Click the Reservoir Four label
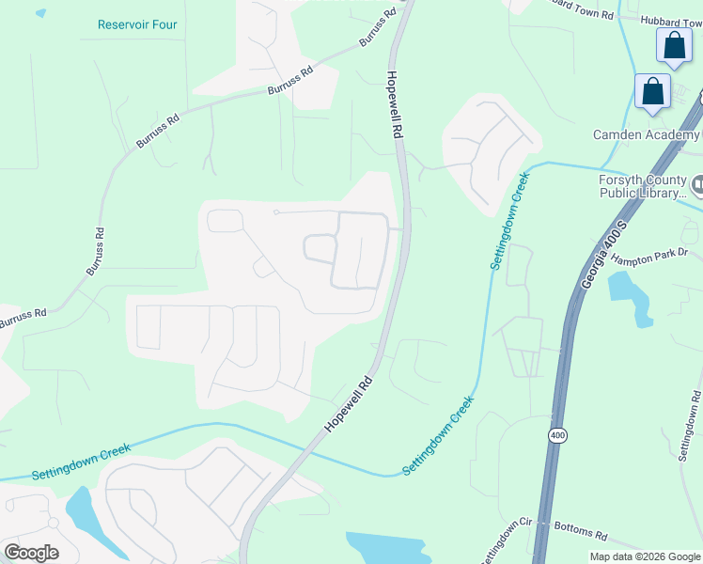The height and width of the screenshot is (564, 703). coord(137,23)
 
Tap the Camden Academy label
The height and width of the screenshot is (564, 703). coord(647,135)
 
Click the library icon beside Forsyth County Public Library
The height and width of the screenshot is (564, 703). coord(697,182)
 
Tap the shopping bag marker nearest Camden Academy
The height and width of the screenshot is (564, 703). coord(652,92)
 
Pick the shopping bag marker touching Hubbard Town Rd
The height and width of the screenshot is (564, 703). coord(675,45)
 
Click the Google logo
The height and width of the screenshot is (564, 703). coord(31,552)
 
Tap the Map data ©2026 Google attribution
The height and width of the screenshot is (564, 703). coord(645,556)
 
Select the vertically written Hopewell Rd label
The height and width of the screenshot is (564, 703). coord(395,105)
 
